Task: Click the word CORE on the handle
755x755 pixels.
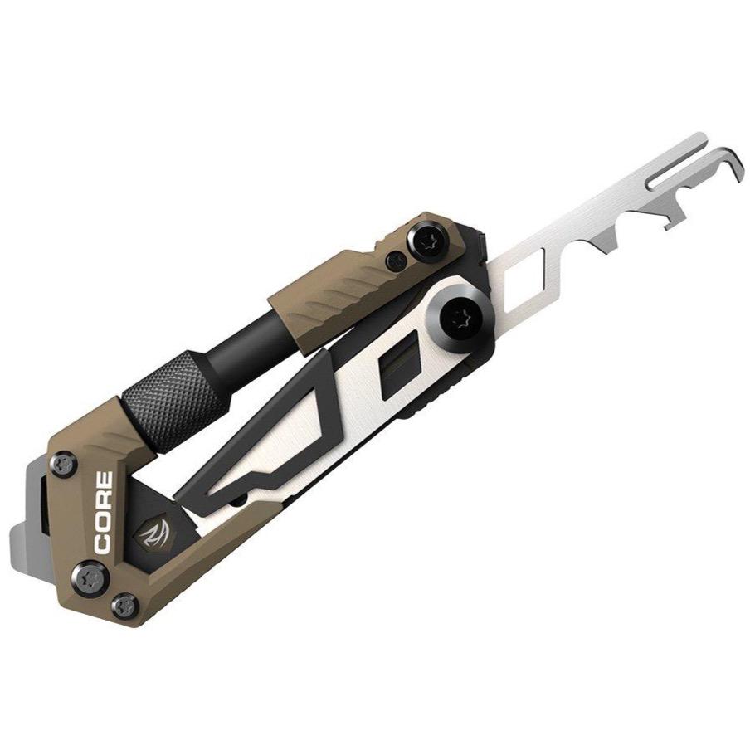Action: pyautogui.click(x=105, y=513)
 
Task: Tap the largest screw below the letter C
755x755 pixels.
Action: pyautogui.click(x=90, y=572)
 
